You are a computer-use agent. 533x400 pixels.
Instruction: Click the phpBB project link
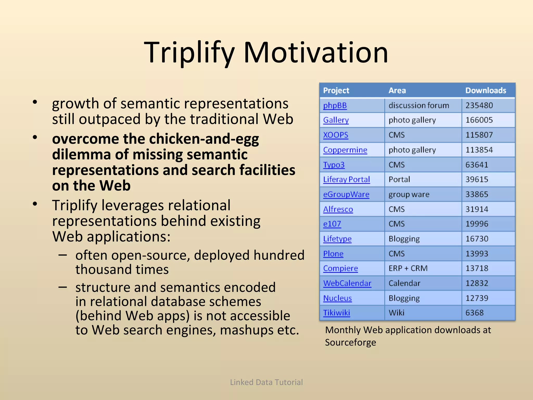tap(335, 105)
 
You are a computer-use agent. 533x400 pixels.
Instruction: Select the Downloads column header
tap(486, 90)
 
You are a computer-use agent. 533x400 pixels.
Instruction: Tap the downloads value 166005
tap(479, 120)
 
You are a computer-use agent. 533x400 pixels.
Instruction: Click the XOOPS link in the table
tap(335, 135)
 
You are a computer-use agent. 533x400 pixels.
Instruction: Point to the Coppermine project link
tap(345, 150)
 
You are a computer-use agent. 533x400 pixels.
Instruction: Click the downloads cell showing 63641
tap(477, 165)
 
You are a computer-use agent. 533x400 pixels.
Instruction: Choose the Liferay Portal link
tap(346, 179)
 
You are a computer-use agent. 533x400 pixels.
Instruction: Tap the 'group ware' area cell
tap(409, 195)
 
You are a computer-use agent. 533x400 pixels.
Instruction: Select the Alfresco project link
tap(338, 209)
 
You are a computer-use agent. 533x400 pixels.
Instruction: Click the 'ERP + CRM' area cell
tap(408, 268)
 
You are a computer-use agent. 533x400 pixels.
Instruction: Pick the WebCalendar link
tap(347, 283)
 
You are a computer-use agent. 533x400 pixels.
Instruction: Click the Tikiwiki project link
tap(336, 313)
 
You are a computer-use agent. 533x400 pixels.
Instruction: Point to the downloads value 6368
tap(474, 313)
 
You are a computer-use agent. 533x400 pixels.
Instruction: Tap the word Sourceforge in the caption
tap(350, 342)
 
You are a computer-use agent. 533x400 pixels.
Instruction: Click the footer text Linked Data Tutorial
tap(266, 382)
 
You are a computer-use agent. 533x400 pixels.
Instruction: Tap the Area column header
tap(397, 90)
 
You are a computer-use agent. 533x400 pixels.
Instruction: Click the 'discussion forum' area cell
tap(418, 105)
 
